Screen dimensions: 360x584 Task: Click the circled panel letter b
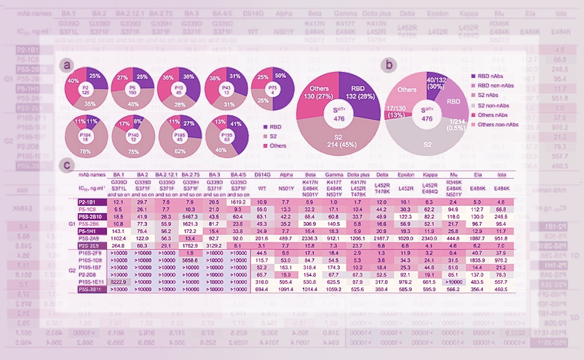tap(388, 64)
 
